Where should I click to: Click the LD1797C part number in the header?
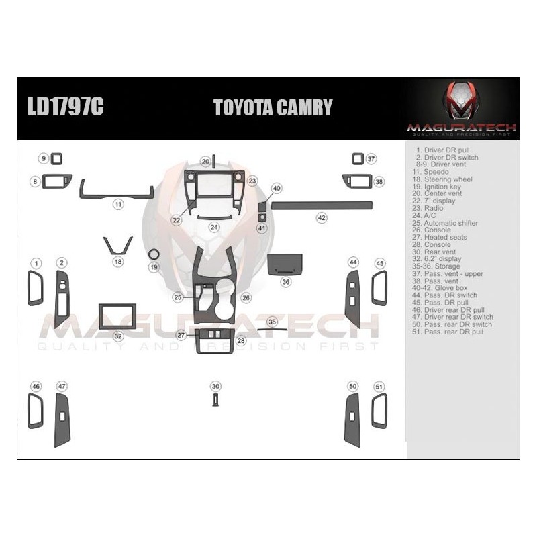click(65, 107)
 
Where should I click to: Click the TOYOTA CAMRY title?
click(273, 107)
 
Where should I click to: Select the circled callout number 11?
click(117, 204)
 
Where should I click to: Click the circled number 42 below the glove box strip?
click(322, 217)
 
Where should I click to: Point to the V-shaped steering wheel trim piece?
click(117, 245)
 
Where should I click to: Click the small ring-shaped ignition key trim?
click(154, 254)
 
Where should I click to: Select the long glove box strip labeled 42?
click(321, 204)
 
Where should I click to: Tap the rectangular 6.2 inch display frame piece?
click(117, 316)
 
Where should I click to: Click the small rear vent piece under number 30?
click(215, 399)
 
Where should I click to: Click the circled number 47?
click(62, 386)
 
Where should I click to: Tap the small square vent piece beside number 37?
click(357, 159)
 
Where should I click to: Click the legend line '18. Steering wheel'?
click(445, 179)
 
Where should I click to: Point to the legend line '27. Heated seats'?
click(442, 237)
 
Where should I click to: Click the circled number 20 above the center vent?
click(205, 162)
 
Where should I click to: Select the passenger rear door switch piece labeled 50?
click(352, 419)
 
